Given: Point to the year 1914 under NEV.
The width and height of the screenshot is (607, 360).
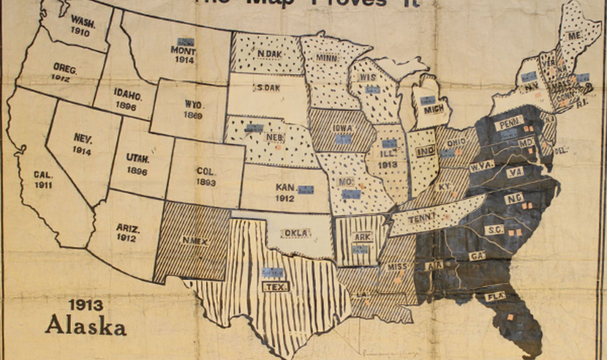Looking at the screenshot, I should point(82,149).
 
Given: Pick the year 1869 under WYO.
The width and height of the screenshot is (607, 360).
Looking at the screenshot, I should point(194,116).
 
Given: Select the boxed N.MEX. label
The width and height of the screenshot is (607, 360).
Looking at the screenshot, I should point(193,241).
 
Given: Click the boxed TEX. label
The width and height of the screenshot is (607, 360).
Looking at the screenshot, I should point(276,286).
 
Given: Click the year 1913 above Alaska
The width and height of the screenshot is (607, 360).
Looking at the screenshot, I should point(86,304).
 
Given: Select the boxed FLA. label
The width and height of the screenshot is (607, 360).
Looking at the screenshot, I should point(495,296).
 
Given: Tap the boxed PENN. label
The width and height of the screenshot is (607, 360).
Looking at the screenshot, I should point(508,125).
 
